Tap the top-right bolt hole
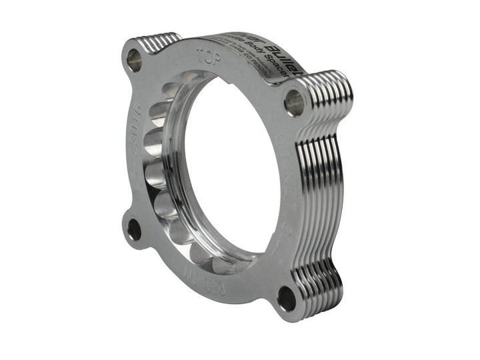click(x=293, y=102)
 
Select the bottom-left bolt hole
click(x=134, y=230)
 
